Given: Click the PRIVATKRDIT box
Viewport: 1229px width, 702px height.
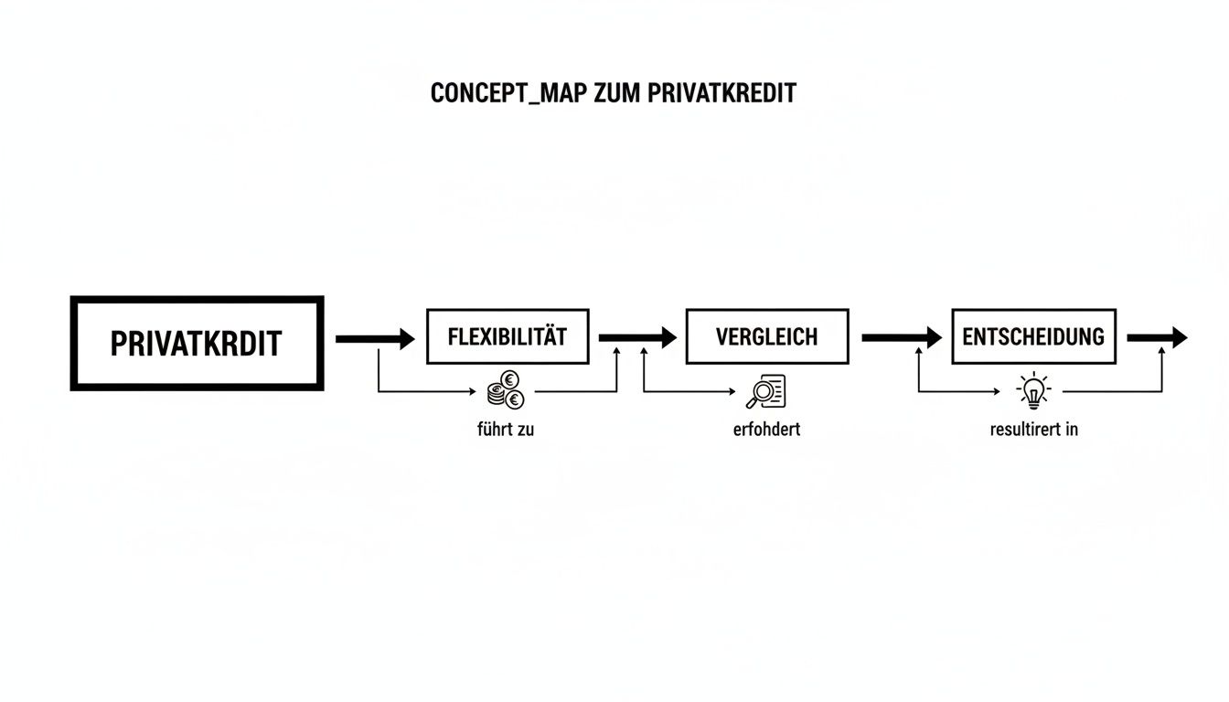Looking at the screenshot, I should pos(197,344).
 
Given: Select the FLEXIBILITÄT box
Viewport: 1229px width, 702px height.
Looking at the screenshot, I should pos(508,336).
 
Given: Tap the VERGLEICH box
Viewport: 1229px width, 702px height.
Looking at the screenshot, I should pos(766,336).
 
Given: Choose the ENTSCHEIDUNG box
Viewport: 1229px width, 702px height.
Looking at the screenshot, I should pos(1033,336).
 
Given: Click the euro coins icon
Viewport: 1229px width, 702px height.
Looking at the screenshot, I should pos(506,393).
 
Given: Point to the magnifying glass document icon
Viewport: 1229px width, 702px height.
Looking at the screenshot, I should pos(766,393).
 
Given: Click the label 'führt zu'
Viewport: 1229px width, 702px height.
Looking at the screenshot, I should pos(506,429).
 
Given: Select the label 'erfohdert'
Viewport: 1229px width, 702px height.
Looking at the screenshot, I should pos(766,429).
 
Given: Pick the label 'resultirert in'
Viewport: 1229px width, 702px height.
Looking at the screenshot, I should pos(1033,429).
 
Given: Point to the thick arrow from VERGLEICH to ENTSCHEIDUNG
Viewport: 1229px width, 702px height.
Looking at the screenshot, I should pos(901,338).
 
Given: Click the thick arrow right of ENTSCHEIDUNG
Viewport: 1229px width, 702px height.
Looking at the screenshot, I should pos(1157,338).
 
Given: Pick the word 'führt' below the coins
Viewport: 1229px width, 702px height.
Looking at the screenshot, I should pos(493,429).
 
